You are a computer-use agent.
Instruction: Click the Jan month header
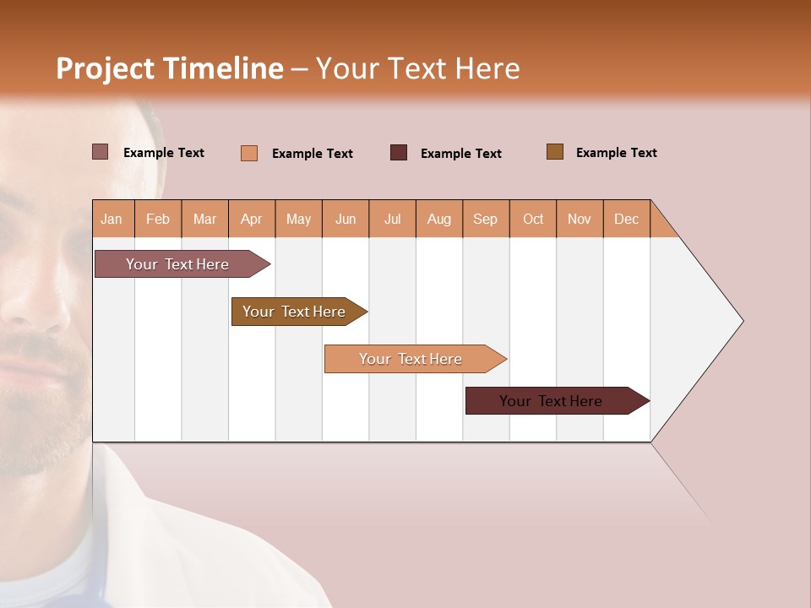112,219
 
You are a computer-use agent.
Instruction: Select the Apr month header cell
252,219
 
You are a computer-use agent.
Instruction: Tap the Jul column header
392,219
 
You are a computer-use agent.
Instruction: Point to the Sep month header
485,219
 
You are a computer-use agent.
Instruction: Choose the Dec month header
626,219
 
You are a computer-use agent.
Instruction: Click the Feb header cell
158,219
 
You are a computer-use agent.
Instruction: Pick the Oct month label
533,219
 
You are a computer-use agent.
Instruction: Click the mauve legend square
101,152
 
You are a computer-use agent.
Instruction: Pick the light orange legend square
249,153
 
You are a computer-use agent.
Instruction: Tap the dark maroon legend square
399,152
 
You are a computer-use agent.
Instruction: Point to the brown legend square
555,152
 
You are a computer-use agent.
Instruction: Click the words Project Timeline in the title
170,68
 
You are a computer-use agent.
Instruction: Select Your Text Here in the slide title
417,68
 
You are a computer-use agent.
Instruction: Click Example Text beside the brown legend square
616,153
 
